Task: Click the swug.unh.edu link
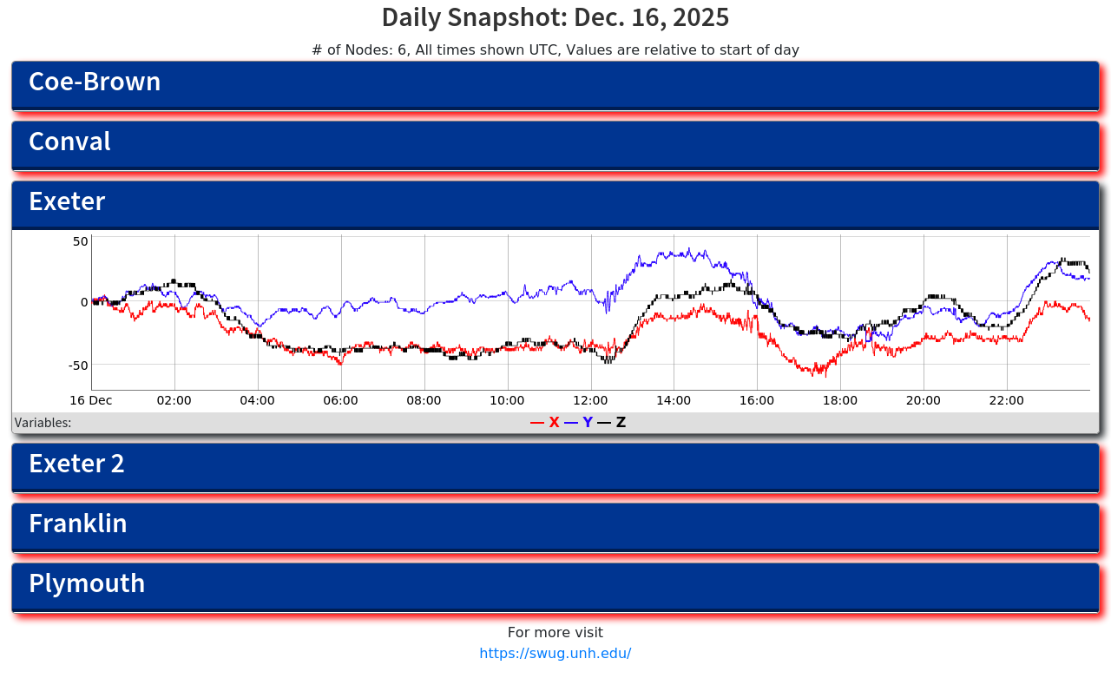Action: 555,653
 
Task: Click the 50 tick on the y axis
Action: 80,241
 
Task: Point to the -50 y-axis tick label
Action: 78,365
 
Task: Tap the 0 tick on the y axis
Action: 84,302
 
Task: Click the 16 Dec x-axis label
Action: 91,400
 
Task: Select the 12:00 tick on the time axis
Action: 590,400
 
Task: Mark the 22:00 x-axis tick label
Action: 1006,400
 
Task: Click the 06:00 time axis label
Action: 340,400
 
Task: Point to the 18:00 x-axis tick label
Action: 839,400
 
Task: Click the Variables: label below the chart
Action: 43,423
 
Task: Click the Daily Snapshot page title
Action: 555,17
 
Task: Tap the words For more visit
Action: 555,632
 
